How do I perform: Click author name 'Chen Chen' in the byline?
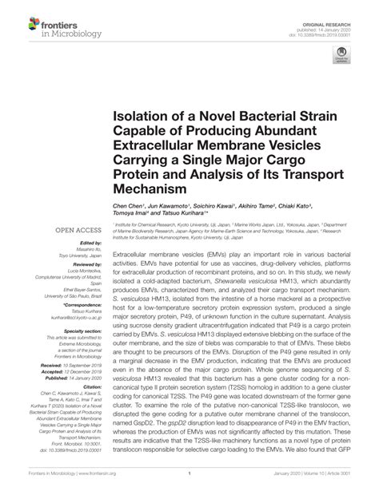click(x=126, y=204)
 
